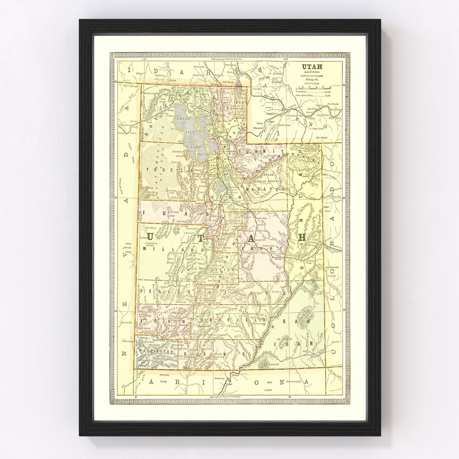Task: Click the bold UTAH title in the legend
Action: pos(312,66)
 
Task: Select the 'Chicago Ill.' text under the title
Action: pos(312,79)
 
